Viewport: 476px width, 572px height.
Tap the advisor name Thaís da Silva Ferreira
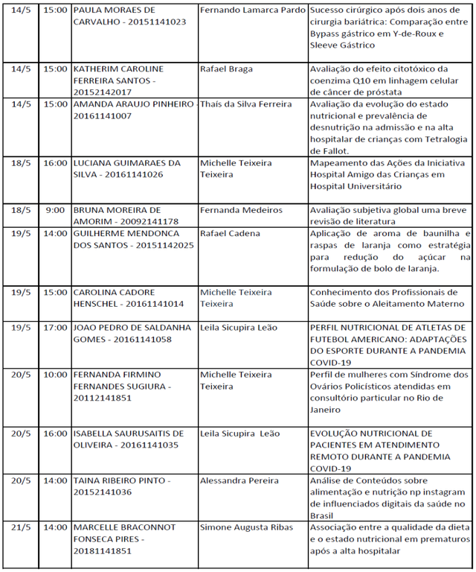coord(246,104)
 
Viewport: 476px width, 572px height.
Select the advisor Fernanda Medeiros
coord(241,210)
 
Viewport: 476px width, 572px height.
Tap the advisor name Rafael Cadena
coord(231,234)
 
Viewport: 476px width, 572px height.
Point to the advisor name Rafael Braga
coord(226,69)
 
